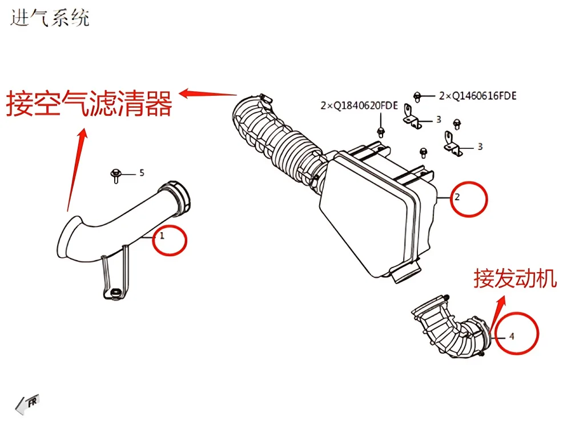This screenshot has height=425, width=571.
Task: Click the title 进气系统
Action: [50, 18]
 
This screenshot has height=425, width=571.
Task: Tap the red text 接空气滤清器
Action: [89, 103]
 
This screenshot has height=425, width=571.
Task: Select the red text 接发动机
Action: [515, 279]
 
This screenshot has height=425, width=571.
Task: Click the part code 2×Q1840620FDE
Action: [359, 106]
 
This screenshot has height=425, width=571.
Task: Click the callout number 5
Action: [142, 173]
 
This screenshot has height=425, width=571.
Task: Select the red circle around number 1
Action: [170, 240]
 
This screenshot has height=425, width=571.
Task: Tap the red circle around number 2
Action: [469, 199]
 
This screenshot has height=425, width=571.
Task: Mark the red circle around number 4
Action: [517, 333]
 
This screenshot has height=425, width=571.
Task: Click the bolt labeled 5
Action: [116, 176]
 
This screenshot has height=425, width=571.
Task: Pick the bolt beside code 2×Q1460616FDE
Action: [417, 97]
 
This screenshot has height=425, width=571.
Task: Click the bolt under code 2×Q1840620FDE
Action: [381, 132]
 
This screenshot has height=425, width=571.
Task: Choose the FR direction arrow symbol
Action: [27, 404]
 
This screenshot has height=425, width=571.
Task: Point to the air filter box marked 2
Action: [379, 211]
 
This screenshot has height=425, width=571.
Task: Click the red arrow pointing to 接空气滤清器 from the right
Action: [208, 93]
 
